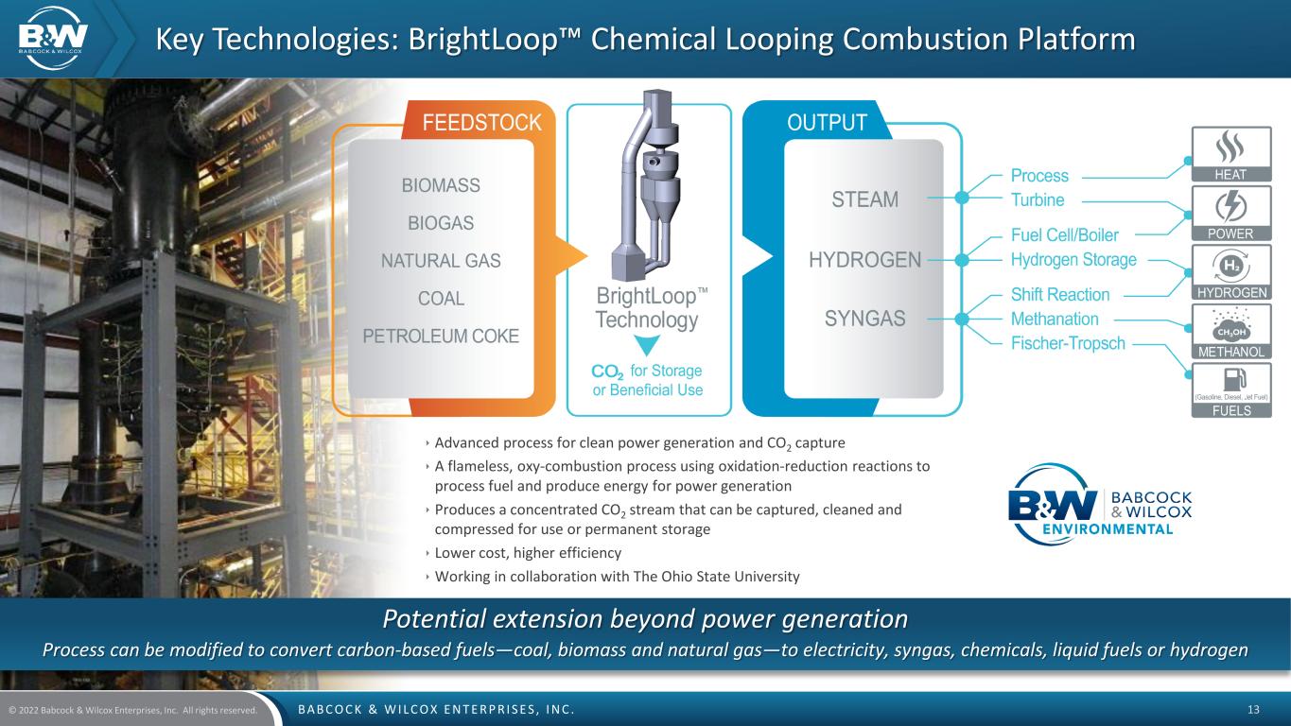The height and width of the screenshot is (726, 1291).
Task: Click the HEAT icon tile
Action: click(x=1230, y=153)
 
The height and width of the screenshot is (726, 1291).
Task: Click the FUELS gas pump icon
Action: click(x=1230, y=381)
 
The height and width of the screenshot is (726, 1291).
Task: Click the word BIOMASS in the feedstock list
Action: click(x=441, y=185)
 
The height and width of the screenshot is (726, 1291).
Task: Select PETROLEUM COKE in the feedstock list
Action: click(x=441, y=336)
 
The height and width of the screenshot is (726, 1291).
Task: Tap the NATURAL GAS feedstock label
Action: click(x=441, y=261)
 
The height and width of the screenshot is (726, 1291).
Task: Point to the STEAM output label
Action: click(x=864, y=199)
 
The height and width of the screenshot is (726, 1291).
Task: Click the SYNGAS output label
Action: click(x=864, y=319)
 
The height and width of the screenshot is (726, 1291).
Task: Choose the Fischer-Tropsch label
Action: click(x=1068, y=343)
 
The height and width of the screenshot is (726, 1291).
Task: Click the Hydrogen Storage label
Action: click(x=1073, y=259)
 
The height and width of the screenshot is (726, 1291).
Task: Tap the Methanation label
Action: click(x=1055, y=320)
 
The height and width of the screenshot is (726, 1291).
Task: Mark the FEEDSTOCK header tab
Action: click(x=481, y=123)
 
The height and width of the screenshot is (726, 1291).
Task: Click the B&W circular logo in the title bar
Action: click(x=56, y=37)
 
